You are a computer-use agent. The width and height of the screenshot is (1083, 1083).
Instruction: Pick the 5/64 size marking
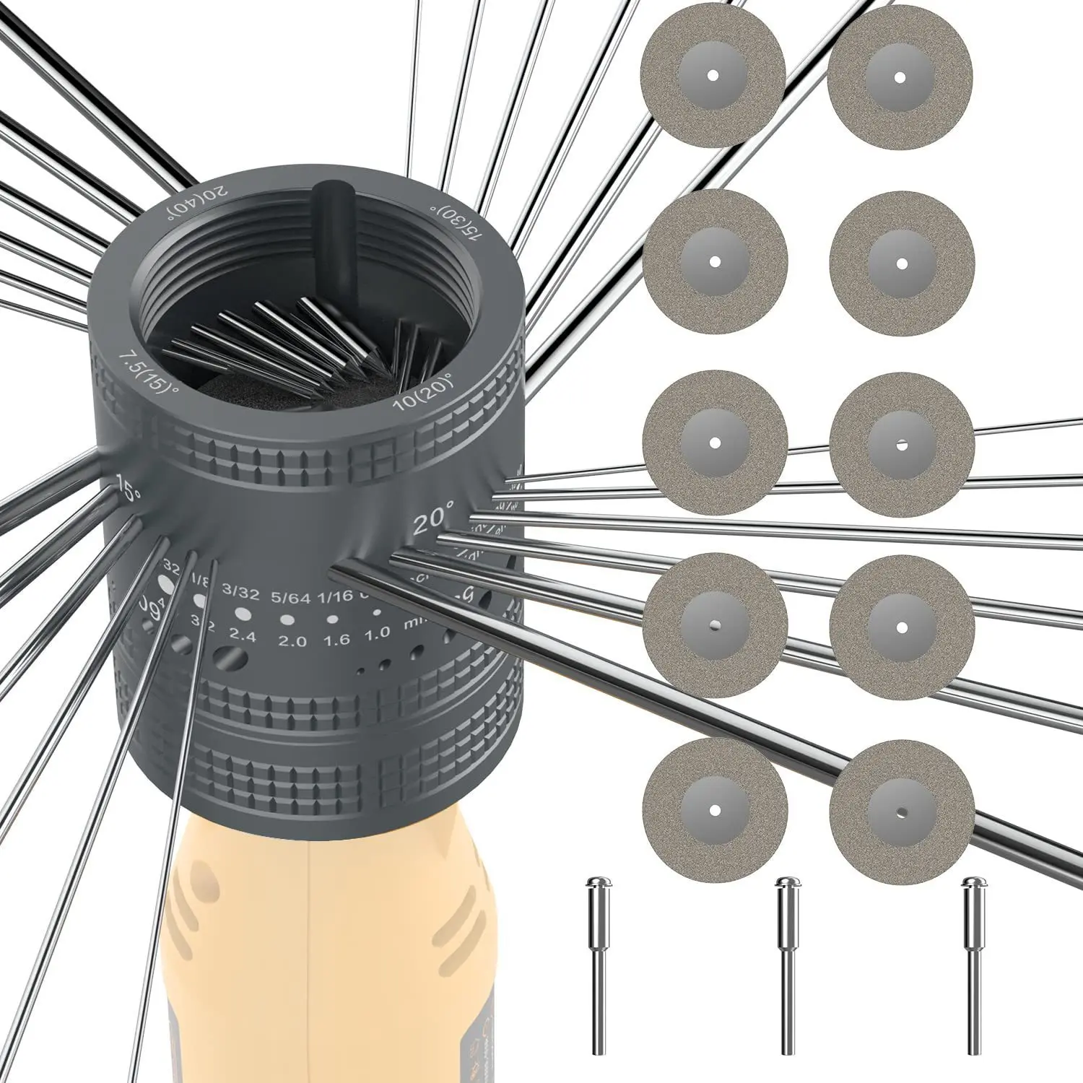coord(290,597)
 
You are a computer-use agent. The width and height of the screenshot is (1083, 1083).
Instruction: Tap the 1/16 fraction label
coord(335,596)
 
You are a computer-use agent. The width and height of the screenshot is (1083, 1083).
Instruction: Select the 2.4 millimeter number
coord(243,635)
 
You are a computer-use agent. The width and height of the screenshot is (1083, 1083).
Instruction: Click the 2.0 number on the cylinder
coord(292,641)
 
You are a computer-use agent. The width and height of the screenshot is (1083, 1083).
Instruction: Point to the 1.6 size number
coord(336,640)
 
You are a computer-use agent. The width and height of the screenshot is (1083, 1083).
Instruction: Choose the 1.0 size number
coord(377,633)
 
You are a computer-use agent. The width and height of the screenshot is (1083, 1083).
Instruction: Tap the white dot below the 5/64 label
coord(287,619)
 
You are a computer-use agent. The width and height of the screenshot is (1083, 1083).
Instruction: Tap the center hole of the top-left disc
coord(713,74)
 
